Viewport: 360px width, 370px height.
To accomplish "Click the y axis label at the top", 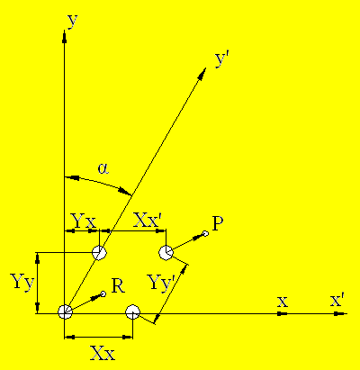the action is point(73,21).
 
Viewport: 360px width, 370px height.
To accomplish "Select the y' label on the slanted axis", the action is point(222,60).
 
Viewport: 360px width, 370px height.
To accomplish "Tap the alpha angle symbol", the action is point(103,168).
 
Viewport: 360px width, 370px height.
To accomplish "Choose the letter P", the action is point(218,223).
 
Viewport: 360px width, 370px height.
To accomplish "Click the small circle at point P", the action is point(205,233).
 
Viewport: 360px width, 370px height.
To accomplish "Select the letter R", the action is point(118,286).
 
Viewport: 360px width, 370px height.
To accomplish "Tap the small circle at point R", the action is point(103,293).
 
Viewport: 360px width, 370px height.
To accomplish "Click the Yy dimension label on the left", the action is point(22,283).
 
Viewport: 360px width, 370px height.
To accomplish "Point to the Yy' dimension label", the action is point(162,283).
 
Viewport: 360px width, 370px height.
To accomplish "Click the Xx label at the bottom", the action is point(103,353).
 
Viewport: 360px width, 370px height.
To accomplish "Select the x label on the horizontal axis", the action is point(283,302).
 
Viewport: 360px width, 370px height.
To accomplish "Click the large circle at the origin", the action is point(65,312).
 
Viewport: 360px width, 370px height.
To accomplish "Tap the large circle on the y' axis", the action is point(99,253).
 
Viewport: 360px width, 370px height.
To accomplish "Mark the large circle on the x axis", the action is point(132,312).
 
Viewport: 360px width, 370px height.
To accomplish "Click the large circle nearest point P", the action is point(166,253).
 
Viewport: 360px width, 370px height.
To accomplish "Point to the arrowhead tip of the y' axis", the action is point(206,68).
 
